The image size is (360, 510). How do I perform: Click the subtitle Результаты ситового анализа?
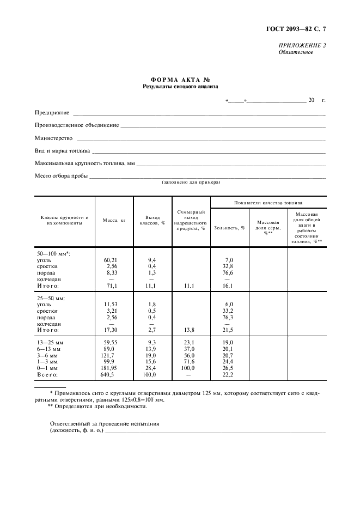180,86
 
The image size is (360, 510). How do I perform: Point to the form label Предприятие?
52,112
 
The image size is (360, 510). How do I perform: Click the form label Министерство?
54,138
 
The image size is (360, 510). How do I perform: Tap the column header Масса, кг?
114,220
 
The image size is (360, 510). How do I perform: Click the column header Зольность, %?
229,227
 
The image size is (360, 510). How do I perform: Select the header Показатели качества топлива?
268,202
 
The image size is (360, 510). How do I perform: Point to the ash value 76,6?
228,272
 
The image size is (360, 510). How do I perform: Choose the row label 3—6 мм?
47,355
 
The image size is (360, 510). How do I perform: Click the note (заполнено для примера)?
191,183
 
